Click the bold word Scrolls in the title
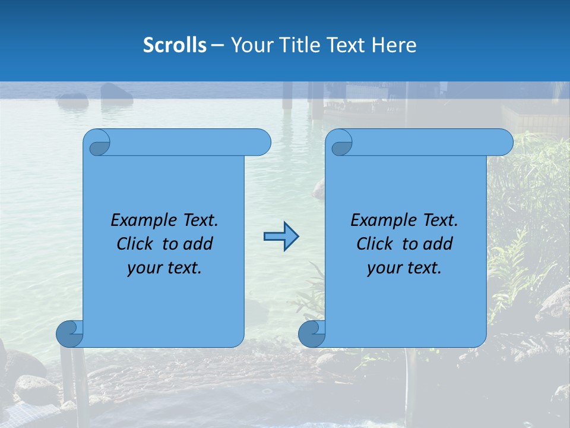pyautogui.click(x=175, y=45)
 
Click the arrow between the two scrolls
pyautogui.click(x=281, y=237)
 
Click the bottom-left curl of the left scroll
pyautogui.click(x=69, y=333)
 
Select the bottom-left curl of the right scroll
pyautogui.click(x=312, y=333)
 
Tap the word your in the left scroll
pyautogui.click(x=143, y=268)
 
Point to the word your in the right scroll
pyautogui.click(x=383, y=268)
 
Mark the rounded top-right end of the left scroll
pyautogui.click(x=261, y=143)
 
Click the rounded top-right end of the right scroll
pyautogui.click(x=503, y=143)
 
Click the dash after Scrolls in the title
pyautogui.click(x=218, y=46)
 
